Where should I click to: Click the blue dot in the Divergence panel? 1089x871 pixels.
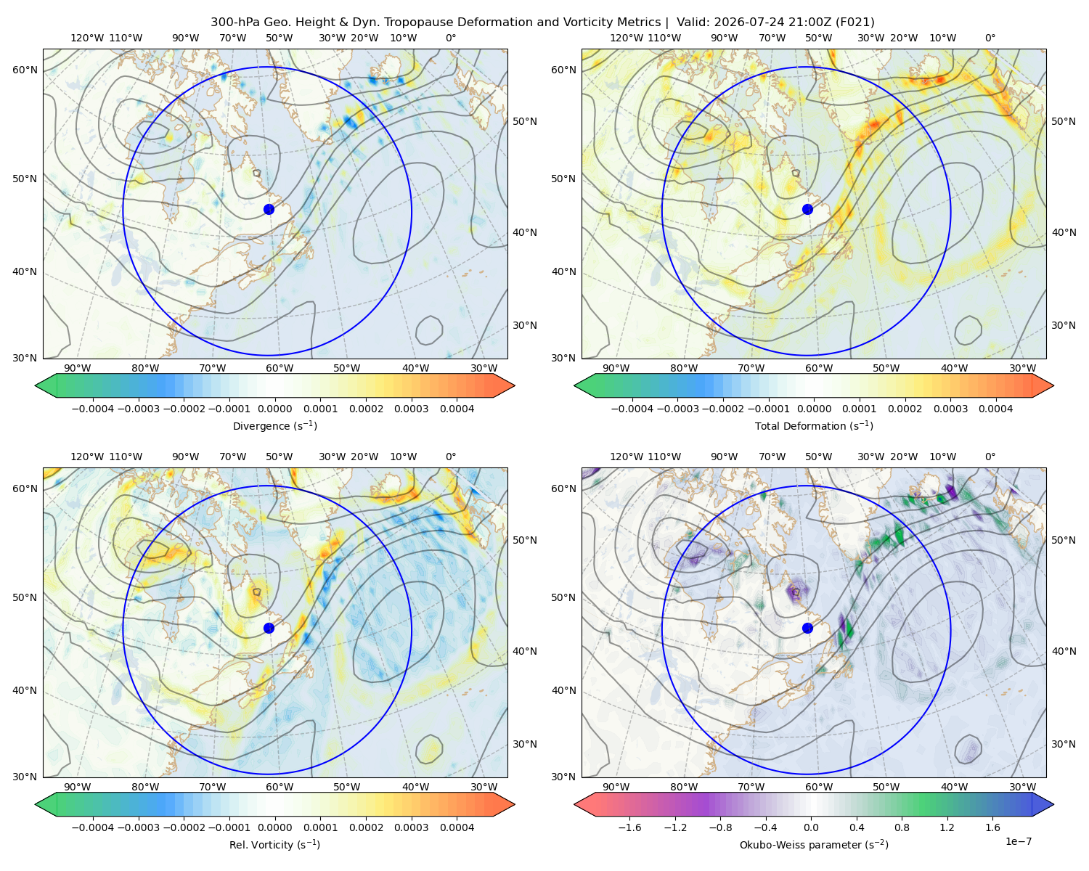coord(269,209)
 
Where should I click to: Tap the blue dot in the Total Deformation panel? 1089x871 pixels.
coord(807,209)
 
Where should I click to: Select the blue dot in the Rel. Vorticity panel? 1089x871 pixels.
coord(269,628)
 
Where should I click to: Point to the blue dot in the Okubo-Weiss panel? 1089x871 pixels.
coord(807,628)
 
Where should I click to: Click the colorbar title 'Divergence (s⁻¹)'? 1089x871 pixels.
coord(274,425)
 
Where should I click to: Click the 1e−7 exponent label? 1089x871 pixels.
coord(1018,841)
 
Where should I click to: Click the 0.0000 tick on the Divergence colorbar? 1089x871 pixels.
coord(274,409)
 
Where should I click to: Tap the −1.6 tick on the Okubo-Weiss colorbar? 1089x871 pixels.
coord(629,827)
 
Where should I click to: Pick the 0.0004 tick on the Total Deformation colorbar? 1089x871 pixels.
coord(995,409)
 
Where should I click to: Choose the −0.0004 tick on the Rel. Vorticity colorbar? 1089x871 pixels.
coord(93,827)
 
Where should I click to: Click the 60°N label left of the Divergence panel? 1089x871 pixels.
coord(25,70)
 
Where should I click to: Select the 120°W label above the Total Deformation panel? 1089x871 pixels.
coord(627,38)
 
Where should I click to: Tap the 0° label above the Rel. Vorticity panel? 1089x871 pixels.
coord(451,457)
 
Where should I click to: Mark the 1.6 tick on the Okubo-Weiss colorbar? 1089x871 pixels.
coord(993,827)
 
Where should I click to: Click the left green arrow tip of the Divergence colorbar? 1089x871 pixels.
coord(36,385)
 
